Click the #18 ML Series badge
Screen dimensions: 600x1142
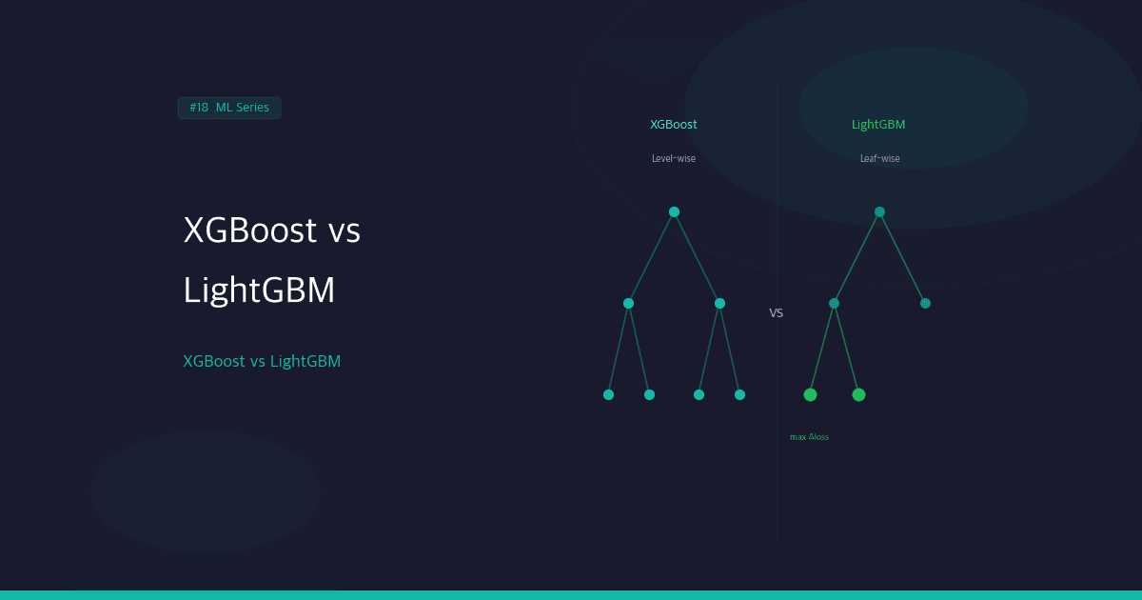coord(229,108)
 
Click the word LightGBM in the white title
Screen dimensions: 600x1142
coord(259,290)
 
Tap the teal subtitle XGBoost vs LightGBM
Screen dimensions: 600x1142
coord(262,362)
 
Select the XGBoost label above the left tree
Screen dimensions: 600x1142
coord(674,125)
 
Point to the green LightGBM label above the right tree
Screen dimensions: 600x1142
coord(878,125)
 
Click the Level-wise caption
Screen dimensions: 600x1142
coord(674,159)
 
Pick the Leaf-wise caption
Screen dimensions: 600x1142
coord(879,159)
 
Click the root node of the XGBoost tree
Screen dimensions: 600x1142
coord(674,211)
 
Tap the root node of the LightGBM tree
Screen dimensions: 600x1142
coord(879,211)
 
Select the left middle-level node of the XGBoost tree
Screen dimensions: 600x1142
coord(628,303)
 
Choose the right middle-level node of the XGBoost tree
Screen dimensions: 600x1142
coord(719,303)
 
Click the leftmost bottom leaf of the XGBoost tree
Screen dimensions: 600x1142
coord(608,394)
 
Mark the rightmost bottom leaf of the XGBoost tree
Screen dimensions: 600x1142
coord(739,394)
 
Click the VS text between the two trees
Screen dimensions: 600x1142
coord(777,312)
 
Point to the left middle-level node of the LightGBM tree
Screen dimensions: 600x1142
coord(834,303)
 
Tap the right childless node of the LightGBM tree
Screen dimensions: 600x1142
coord(925,303)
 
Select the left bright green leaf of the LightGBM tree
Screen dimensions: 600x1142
coord(810,394)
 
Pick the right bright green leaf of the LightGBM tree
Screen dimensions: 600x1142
coord(858,394)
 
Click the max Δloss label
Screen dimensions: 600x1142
coord(809,437)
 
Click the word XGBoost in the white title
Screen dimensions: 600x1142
coord(249,230)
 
